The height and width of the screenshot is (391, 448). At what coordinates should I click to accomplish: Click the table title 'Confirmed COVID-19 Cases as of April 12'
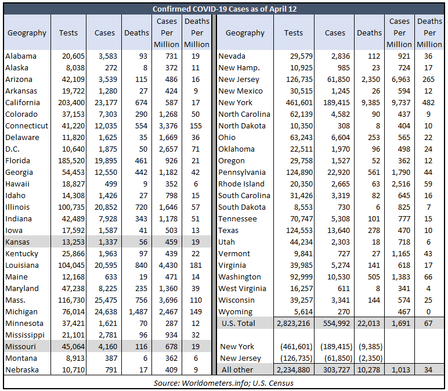(x=225, y=9)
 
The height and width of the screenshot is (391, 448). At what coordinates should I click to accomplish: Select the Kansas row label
(x=17, y=242)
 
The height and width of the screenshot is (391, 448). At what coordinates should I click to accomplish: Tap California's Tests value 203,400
(x=71, y=102)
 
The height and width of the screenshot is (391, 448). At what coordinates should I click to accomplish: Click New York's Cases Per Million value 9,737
(x=401, y=102)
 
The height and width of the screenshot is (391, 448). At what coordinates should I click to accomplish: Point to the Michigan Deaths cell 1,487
(x=138, y=312)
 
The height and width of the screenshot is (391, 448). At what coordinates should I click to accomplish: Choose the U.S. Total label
(x=239, y=323)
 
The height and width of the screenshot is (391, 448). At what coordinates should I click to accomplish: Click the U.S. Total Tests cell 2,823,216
(x=294, y=323)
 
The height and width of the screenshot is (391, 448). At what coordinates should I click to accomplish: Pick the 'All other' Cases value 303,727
(x=337, y=370)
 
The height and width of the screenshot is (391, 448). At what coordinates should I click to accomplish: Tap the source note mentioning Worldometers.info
(x=224, y=383)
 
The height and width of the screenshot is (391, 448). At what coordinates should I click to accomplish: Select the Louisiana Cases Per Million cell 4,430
(x=168, y=265)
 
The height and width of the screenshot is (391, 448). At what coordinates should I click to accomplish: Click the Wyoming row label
(x=236, y=312)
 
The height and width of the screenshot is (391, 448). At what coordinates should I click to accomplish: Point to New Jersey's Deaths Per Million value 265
(x=428, y=79)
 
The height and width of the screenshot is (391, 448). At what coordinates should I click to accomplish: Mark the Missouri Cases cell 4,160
(x=108, y=347)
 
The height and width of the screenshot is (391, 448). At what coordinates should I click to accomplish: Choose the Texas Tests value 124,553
(x=299, y=230)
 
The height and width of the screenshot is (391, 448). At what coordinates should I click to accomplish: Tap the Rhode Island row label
(x=241, y=184)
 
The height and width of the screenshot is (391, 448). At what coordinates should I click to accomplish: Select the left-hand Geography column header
(x=27, y=33)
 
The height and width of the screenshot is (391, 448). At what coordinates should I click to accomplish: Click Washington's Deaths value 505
(x=374, y=277)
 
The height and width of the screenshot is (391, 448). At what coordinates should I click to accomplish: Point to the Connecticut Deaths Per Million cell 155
(x=196, y=126)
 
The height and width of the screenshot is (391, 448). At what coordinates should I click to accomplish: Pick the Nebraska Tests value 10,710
(x=74, y=370)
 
